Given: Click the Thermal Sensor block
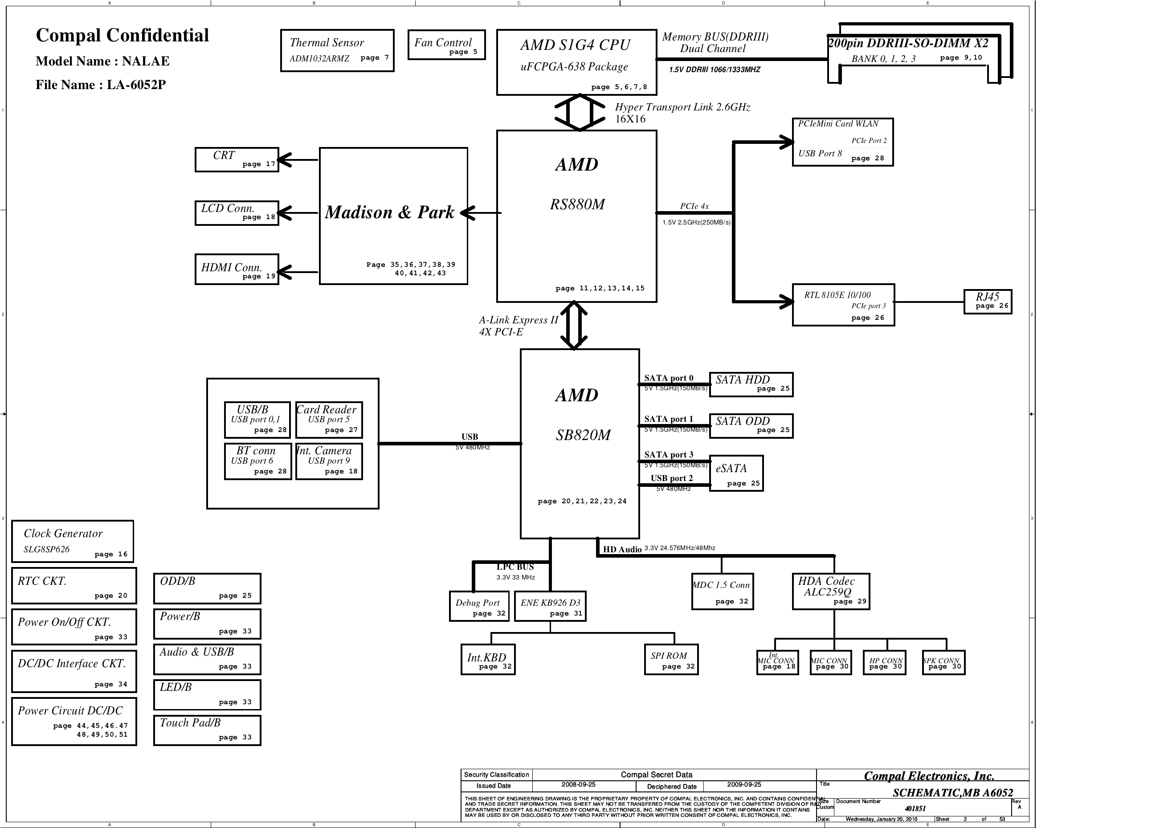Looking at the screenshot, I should click(337, 50).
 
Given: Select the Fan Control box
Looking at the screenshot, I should click(446, 45).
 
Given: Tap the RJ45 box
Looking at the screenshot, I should click(987, 302).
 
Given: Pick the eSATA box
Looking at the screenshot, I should click(735, 473).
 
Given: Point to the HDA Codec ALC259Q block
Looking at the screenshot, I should click(830, 591).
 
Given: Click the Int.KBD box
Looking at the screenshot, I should click(487, 660).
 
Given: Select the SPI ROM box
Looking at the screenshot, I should click(670, 660).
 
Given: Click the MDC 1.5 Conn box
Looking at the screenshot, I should click(722, 591).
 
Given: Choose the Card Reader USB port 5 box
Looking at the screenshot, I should click(329, 420).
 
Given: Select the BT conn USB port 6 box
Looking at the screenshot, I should click(257, 461).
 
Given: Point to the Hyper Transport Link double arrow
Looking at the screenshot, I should click(580, 112).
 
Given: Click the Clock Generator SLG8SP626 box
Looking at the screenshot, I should click(73, 541).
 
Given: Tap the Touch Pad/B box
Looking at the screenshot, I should click(207, 730).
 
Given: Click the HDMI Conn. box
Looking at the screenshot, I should click(237, 269).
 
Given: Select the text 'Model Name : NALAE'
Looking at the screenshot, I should click(102, 61).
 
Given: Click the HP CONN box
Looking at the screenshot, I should click(884, 663).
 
